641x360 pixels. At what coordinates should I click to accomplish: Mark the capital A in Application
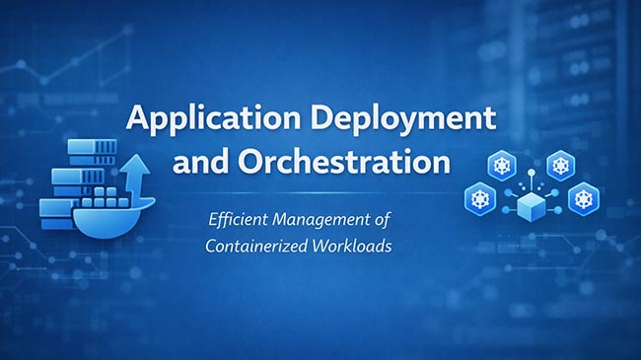140,120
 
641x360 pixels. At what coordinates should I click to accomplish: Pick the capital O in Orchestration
250,160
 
